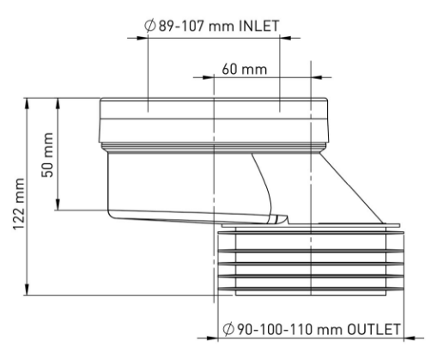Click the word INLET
pos(258,26)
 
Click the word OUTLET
pos(373,329)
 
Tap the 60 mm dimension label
pos(245,70)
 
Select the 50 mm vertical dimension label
pos(47,155)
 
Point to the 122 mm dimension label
pos(19,204)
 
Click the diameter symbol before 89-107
pos(149,26)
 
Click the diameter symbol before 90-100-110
pos(228,329)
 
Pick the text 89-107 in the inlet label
pos(181,26)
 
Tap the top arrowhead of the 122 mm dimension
pos(27,103)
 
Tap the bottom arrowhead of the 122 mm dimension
pos(27,290)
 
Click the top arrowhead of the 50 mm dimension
pos(58,103)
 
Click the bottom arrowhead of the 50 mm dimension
pos(58,204)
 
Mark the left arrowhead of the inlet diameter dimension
pos(143,38)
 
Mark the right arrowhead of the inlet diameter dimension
pos(285,38)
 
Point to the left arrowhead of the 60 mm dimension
pos(209,77)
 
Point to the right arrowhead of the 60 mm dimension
pos(317,77)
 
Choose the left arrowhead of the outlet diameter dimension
pos(212,339)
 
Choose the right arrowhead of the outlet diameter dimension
pos(410,339)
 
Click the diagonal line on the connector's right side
pos(351,188)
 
